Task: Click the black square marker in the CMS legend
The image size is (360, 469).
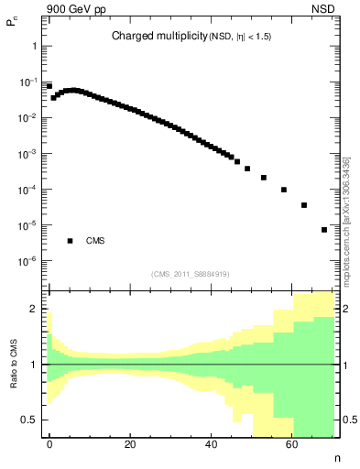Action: point(70,241)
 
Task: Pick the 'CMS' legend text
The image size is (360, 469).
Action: point(95,241)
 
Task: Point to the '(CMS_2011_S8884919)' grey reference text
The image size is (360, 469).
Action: point(191,274)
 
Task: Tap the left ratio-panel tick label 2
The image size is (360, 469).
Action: point(34,310)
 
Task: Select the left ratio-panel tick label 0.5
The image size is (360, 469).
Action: point(29,420)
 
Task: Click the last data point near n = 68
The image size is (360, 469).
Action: point(324,230)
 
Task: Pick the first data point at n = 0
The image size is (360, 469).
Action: point(49,86)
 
